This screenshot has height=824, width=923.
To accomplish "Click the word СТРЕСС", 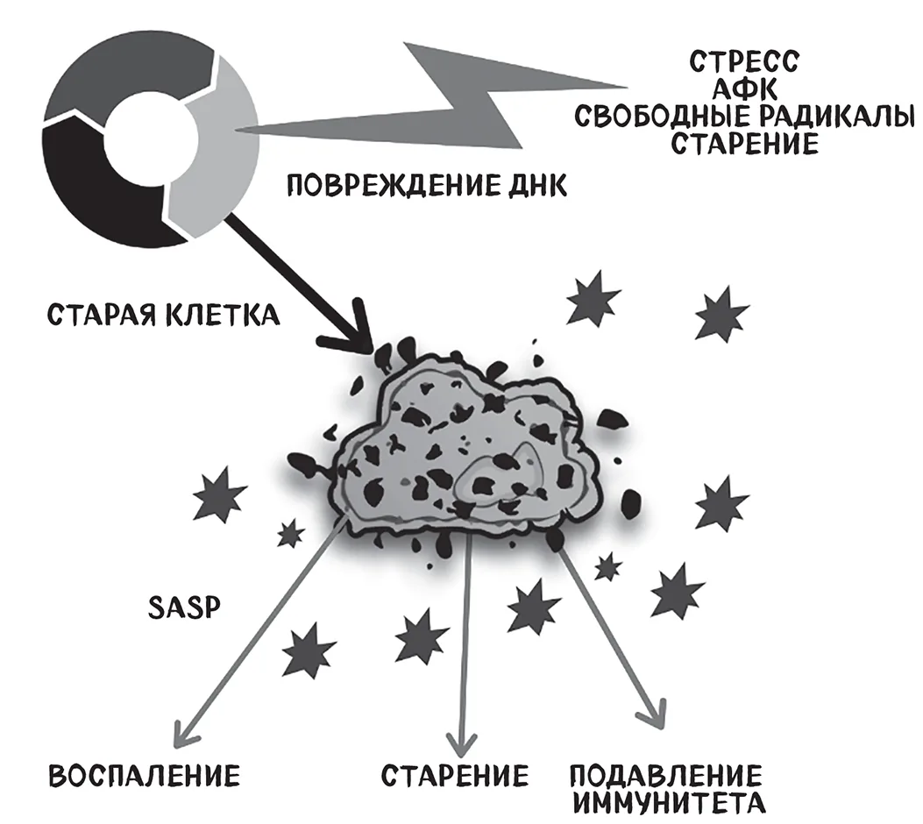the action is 744,61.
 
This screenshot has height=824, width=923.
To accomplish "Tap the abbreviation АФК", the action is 744,89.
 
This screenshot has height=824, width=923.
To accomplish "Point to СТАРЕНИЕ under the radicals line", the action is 745,143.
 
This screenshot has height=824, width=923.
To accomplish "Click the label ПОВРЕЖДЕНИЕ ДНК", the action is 427,186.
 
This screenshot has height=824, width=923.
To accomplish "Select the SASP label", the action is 184,608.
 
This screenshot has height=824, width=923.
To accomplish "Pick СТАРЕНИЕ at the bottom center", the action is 454,775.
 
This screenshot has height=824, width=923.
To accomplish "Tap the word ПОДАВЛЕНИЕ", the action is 666,775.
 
